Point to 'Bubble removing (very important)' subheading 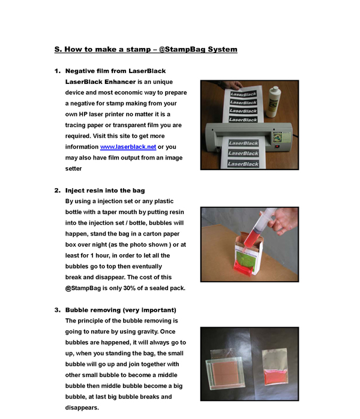[121, 310]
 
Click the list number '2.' [58, 191]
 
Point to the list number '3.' [58, 310]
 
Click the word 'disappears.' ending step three [82, 408]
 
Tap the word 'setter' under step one [73, 168]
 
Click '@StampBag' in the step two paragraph [82, 288]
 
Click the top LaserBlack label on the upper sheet [244, 94]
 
